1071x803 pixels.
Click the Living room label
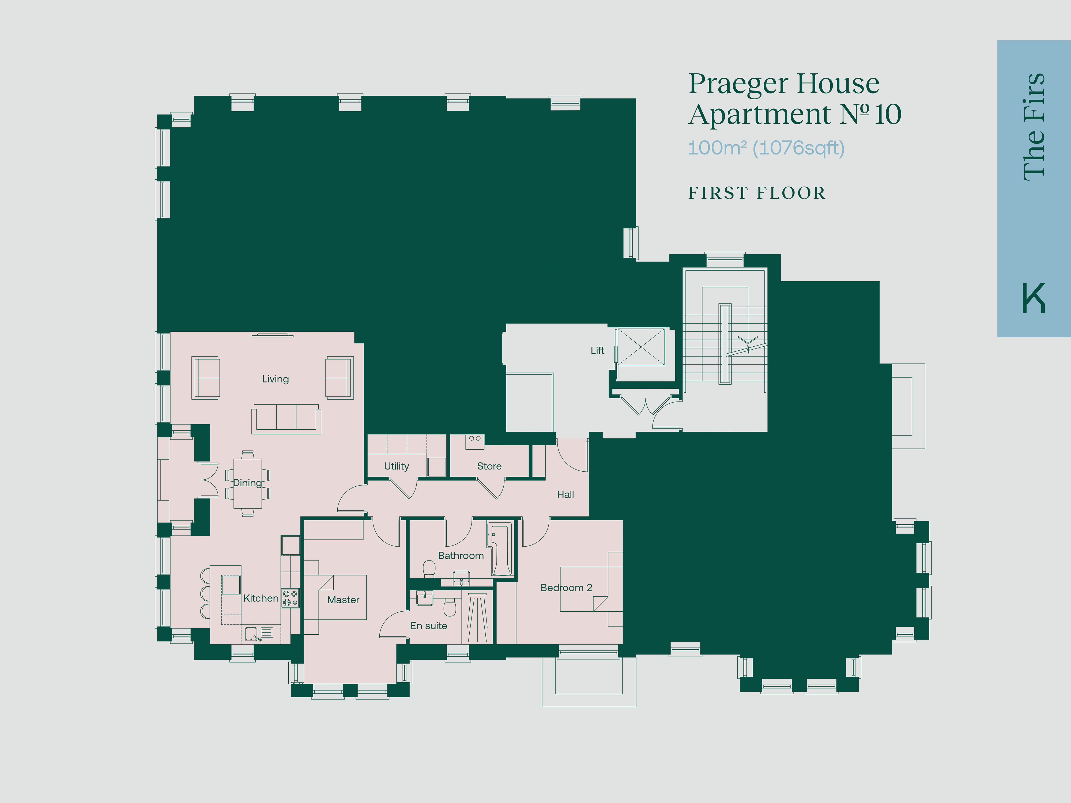[276, 379]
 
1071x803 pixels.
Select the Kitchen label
[261, 598]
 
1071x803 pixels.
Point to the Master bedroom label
[343, 600]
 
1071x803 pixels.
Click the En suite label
[429, 626]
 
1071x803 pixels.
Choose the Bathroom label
[461, 556]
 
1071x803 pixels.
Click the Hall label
[565, 494]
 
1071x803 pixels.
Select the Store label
[489, 466]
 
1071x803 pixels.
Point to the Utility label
[397, 466]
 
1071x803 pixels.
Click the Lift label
[597, 350]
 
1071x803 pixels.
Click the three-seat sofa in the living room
[286, 419]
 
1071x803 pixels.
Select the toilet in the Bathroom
[429, 569]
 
